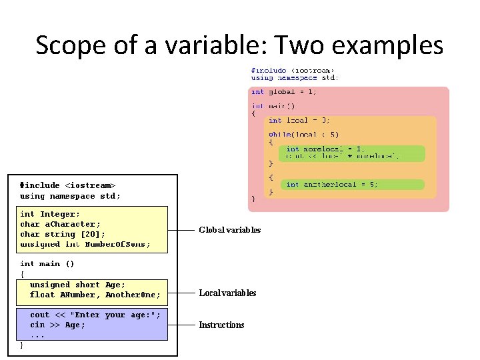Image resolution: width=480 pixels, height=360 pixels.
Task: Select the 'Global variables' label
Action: click(230, 230)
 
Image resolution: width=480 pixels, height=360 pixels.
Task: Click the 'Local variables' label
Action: click(227, 293)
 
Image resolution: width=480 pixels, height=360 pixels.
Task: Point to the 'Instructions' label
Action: click(221, 325)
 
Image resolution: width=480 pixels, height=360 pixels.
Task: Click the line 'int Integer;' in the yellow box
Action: click(50, 214)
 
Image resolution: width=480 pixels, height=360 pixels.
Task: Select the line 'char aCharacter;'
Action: click(61, 224)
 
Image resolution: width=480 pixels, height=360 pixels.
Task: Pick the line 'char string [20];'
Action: click(63, 234)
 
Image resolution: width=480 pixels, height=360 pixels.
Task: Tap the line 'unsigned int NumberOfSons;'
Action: click(85, 244)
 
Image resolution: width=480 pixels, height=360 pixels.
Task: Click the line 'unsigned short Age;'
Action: click(75, 285)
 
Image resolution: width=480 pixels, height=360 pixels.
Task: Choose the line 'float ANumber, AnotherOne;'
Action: click(95, 295)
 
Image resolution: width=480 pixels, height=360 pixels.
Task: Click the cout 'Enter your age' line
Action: click(95, 315)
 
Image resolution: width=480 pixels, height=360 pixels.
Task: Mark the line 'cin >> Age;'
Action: click(57, 325)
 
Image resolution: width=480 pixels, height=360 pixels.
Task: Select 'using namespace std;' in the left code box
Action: click(70, 196)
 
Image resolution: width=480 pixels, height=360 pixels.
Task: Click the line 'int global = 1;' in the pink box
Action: click(284, 92)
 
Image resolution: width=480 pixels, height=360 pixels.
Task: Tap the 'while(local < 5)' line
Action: click(303, 134)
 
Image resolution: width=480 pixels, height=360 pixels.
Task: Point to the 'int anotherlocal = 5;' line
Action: click(331, 185)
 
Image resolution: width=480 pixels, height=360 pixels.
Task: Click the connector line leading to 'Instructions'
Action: click(183, 325)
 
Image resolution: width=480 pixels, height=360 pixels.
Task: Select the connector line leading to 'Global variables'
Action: click(183, 230)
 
